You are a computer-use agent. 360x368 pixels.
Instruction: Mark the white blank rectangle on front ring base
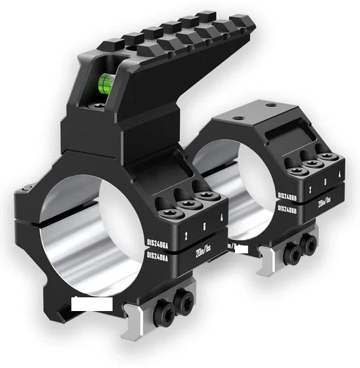[x=91, y=304]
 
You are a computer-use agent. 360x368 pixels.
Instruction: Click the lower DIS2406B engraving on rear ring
[x=290, y=210]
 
